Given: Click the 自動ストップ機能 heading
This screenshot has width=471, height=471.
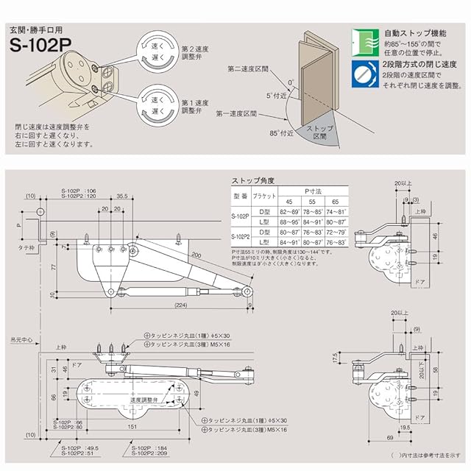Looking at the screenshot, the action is coord(416,34).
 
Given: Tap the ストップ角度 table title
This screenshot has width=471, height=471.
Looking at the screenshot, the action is coord(255,180).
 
